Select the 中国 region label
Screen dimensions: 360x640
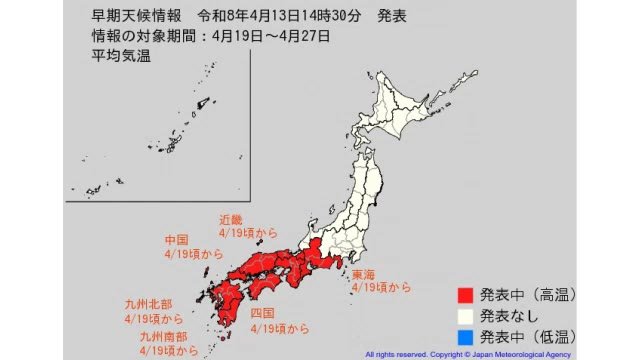tap(178, 240)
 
